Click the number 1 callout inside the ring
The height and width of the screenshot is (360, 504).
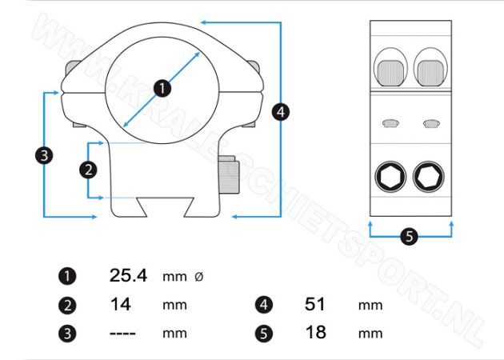[162, 88]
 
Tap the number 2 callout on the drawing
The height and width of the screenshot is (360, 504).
[88, 170]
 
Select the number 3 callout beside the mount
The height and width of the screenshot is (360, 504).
[44, 155]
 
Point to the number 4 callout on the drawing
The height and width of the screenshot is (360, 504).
[281, 112]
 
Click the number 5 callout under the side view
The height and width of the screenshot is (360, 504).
[409, 237]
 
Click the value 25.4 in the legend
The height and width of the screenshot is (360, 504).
[128, 275]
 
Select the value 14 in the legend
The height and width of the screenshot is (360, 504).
[120, 304]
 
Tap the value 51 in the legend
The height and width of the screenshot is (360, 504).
[315, 304]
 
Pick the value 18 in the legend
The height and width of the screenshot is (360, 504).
[316, 332]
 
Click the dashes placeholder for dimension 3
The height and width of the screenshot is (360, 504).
[122, 334]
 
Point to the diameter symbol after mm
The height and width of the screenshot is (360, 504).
[199, 277]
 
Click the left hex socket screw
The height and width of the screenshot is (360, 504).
[390, 177]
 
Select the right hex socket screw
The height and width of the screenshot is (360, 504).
[429, 177]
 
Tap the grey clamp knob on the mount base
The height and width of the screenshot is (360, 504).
[229, 174]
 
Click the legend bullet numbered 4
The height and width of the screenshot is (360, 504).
[264, 305]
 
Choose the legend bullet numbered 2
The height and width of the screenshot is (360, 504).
[67, 306]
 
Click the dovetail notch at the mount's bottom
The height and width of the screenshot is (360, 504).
[166, 207]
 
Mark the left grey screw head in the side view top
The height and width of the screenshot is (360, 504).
[390, 73]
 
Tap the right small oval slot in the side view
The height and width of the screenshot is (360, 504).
[430, 123]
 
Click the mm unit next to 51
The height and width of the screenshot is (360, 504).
[370, 306]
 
